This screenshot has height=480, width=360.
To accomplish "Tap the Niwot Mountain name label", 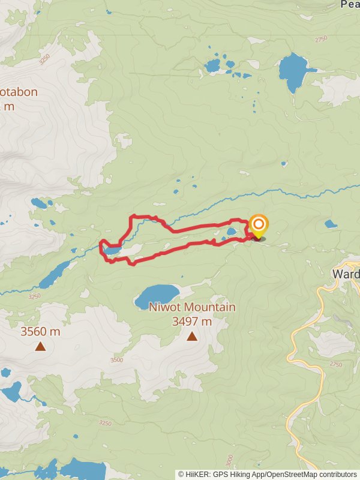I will pyautogui.click(x=192, y=308).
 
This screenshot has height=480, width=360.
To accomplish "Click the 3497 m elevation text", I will pyautogui.click(x=192, y=321).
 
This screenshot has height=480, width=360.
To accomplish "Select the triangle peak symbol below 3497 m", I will pyautogui.click(x=192, y=336).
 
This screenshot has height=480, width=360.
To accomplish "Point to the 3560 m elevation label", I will pyautogui.click(x=40, y=331).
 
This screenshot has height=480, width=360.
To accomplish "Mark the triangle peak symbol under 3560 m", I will pyautogui.click(x=40, y=346).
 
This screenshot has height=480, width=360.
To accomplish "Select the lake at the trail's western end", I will pyautogui.click(x=112, y=249).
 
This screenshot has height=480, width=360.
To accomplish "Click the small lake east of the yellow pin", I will pyautogui.click(x=331, y=224).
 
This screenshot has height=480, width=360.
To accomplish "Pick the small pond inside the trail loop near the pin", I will pyautogui.click(x=232, y=230).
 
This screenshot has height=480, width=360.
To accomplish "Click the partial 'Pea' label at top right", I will pyautogui.click(x=350, y=4).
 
